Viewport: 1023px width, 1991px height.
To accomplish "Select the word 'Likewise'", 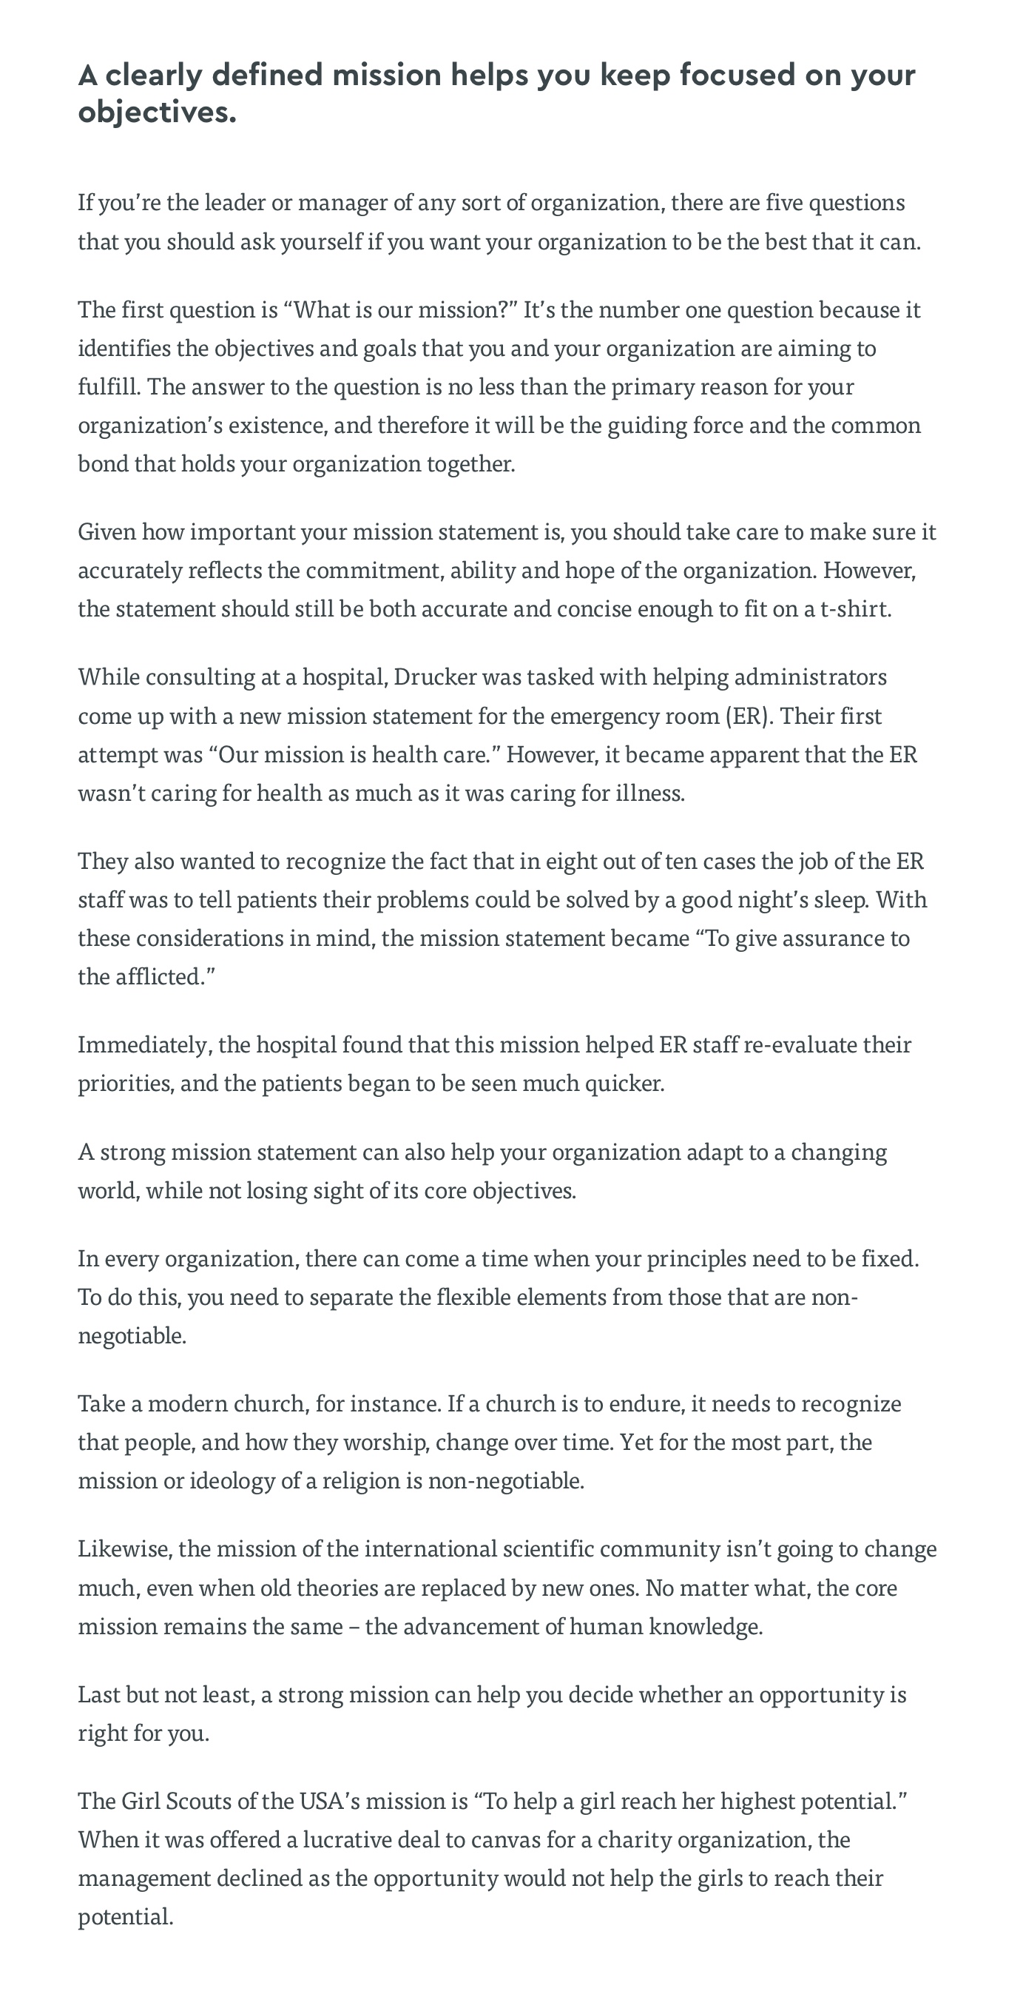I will pos(126,1549).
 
